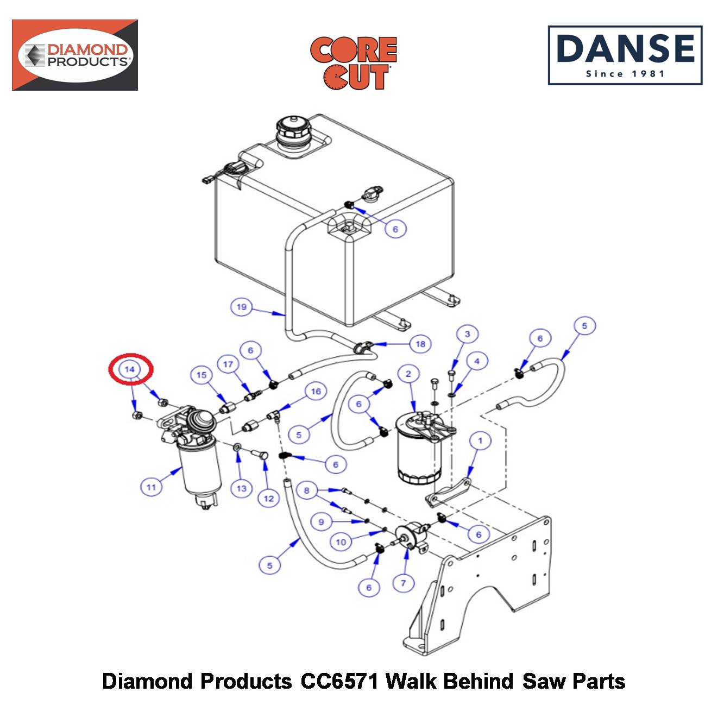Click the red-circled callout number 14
[x=130, y=369]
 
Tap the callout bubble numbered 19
[x=241, y=307]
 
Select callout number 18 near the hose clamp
[x=420, y=344]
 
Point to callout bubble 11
[x=151, y=487]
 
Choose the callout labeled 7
[x=403, y=583]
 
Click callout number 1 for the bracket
[x=480, y=440]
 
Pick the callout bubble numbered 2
[x=408, y=374]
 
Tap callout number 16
[x=316, y=392]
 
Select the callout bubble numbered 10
[x=341, y=542]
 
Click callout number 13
[x=242, y=488]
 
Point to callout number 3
[x=468, y=333]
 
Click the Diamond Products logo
[x=75, y=55]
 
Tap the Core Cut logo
[x=353, y=63]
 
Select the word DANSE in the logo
[x=626, y=48]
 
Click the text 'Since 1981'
[x=626, y=74]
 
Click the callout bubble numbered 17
[x=228, y=364]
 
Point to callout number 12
[x=269, y=499]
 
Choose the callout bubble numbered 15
[x=202, y=375]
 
